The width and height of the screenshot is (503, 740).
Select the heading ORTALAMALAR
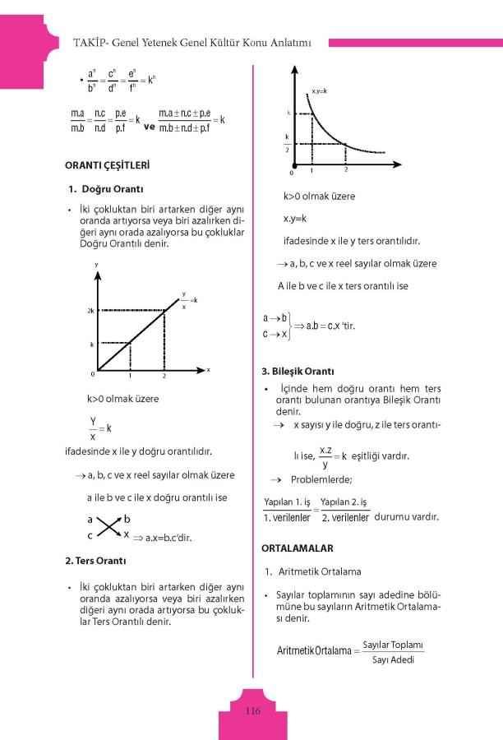coord(298,547)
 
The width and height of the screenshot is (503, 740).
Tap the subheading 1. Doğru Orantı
coord(112,189)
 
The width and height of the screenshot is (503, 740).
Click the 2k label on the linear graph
coord(90,311)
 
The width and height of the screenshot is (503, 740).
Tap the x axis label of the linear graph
coord(208,370)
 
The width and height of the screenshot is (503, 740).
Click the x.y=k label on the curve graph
coord(320,90)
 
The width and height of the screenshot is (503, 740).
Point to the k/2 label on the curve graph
coord(287,143)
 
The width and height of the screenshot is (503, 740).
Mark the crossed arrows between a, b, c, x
coord(108,527)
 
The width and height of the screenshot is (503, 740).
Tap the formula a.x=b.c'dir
coord(162,536)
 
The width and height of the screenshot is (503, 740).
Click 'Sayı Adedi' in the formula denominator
coord(392,659)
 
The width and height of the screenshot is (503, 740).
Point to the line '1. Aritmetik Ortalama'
coord(312,571)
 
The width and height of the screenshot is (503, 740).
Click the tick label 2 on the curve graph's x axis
coord(346,169)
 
